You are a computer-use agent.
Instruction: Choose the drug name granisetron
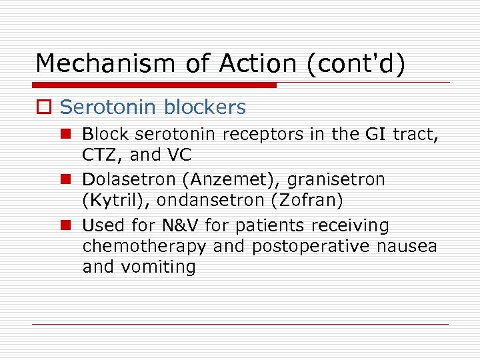(336, 180)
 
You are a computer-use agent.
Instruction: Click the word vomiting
(157, 267)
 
